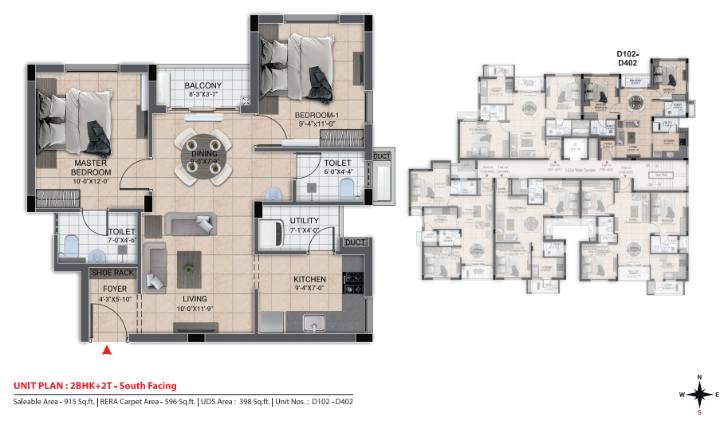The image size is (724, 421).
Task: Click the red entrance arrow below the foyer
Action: [x=106, y=348]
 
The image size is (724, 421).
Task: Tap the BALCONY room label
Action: [x=203, y=86]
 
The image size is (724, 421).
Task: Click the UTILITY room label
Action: [x=305, y=221]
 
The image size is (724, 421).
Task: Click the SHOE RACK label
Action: [x=113, y=273]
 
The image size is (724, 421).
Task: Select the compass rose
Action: [x=698, y=393]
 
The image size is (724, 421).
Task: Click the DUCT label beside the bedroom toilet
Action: [x=381, y=157]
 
